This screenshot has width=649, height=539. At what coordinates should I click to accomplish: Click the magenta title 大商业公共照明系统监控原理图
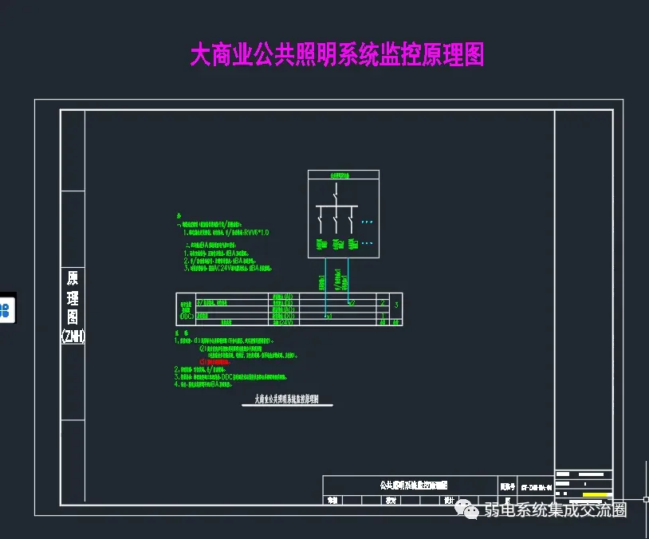coord(336,54)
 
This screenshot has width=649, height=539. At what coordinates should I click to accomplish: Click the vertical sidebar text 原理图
coord(73,299)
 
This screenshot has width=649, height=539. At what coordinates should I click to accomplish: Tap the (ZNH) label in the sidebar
coord(73,336)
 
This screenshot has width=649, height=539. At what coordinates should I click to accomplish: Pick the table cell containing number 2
coord(383,304)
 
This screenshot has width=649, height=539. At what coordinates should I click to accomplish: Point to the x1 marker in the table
coord(328,317)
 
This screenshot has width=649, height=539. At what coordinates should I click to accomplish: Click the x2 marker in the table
coord(351,303)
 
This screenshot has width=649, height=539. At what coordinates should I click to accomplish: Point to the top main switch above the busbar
coord(336,194)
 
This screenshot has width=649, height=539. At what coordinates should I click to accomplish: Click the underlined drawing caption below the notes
coord(286,400)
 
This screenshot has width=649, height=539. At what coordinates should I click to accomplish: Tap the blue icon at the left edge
coord(6,309)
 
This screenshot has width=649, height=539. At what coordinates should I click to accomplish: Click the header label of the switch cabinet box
coord(344,175)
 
